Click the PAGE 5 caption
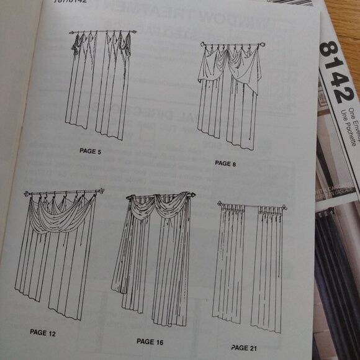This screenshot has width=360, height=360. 90,151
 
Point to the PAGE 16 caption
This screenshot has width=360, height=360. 150,341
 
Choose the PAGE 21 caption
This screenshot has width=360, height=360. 243,348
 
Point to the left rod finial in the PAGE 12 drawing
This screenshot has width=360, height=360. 27,195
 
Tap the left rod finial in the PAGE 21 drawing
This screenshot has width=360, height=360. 220,203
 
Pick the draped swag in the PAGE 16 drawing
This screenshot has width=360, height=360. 158,208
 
